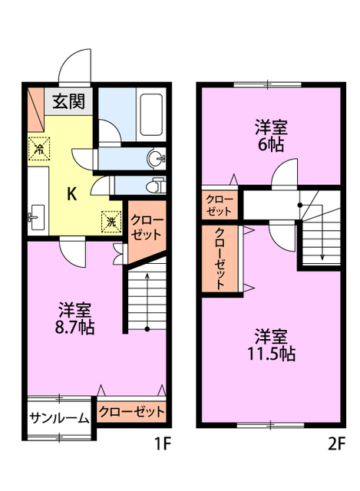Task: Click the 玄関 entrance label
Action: tap(68, 101)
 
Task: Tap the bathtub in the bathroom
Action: tap(151, 114)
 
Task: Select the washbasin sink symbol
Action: tap(155, 159)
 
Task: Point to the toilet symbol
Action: tap(155, 186)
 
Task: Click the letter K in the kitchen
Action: tap(72, 194)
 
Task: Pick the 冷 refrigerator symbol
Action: tap(39, 149)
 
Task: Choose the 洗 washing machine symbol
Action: tap(111, 222)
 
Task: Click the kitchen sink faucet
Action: tap(31, 216)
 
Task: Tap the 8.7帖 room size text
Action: tap(74, 328)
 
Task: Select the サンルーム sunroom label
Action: tap(59, 418)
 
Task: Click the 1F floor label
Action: tap(163, 443)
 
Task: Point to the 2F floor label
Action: tap(336, 443)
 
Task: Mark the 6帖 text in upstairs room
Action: tap(271, 145)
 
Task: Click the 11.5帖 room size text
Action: tap(271, 354)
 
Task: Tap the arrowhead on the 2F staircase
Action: tap(322, 257)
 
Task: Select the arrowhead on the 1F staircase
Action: tap(147, 275)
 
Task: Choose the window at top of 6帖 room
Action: tap(268, 84)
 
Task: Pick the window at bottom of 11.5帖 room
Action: tap(270, 425)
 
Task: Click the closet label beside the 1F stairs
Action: tap(146, 227)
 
